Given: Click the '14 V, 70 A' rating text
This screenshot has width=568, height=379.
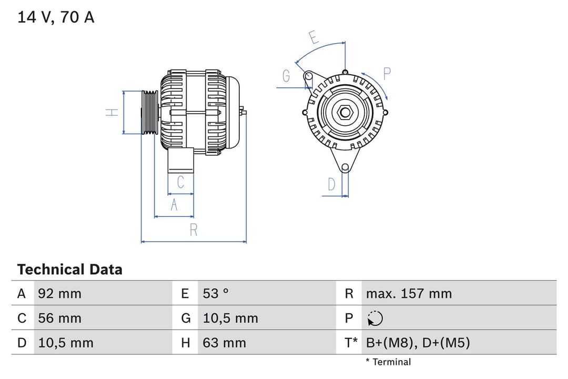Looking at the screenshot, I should (x=56, y=17).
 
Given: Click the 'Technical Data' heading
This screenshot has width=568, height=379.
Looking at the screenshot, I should (x=69, y=270).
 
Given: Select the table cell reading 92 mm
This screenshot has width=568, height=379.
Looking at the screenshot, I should (x=59, y=293).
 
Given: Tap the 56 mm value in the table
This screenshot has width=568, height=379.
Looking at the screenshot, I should (x=59, y=318).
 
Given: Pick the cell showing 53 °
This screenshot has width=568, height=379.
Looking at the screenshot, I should (x=216, y=293).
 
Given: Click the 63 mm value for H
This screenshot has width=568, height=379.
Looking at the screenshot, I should (x=224, y=343).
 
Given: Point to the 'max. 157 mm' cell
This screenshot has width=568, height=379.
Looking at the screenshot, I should (x=409, y=293).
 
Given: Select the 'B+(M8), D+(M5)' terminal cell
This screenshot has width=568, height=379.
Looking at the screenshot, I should (x=418, y=343).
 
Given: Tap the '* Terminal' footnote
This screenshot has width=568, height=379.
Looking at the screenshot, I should (x=388, y=362).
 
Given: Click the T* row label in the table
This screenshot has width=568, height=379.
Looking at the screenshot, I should (x=351, y=343).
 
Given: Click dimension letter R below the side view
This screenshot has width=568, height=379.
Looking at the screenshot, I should (x=194, y=230).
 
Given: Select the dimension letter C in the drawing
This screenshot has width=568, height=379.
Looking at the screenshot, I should (x=180, y=182).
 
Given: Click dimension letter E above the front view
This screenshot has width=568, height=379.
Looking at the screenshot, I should (x=313, y=38).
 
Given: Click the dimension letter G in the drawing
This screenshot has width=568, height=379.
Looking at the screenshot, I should (x=286, y=76).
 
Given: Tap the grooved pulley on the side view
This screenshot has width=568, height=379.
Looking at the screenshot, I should (x=150, y=112).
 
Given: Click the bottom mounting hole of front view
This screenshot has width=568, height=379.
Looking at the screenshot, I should (x=344, y=168).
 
